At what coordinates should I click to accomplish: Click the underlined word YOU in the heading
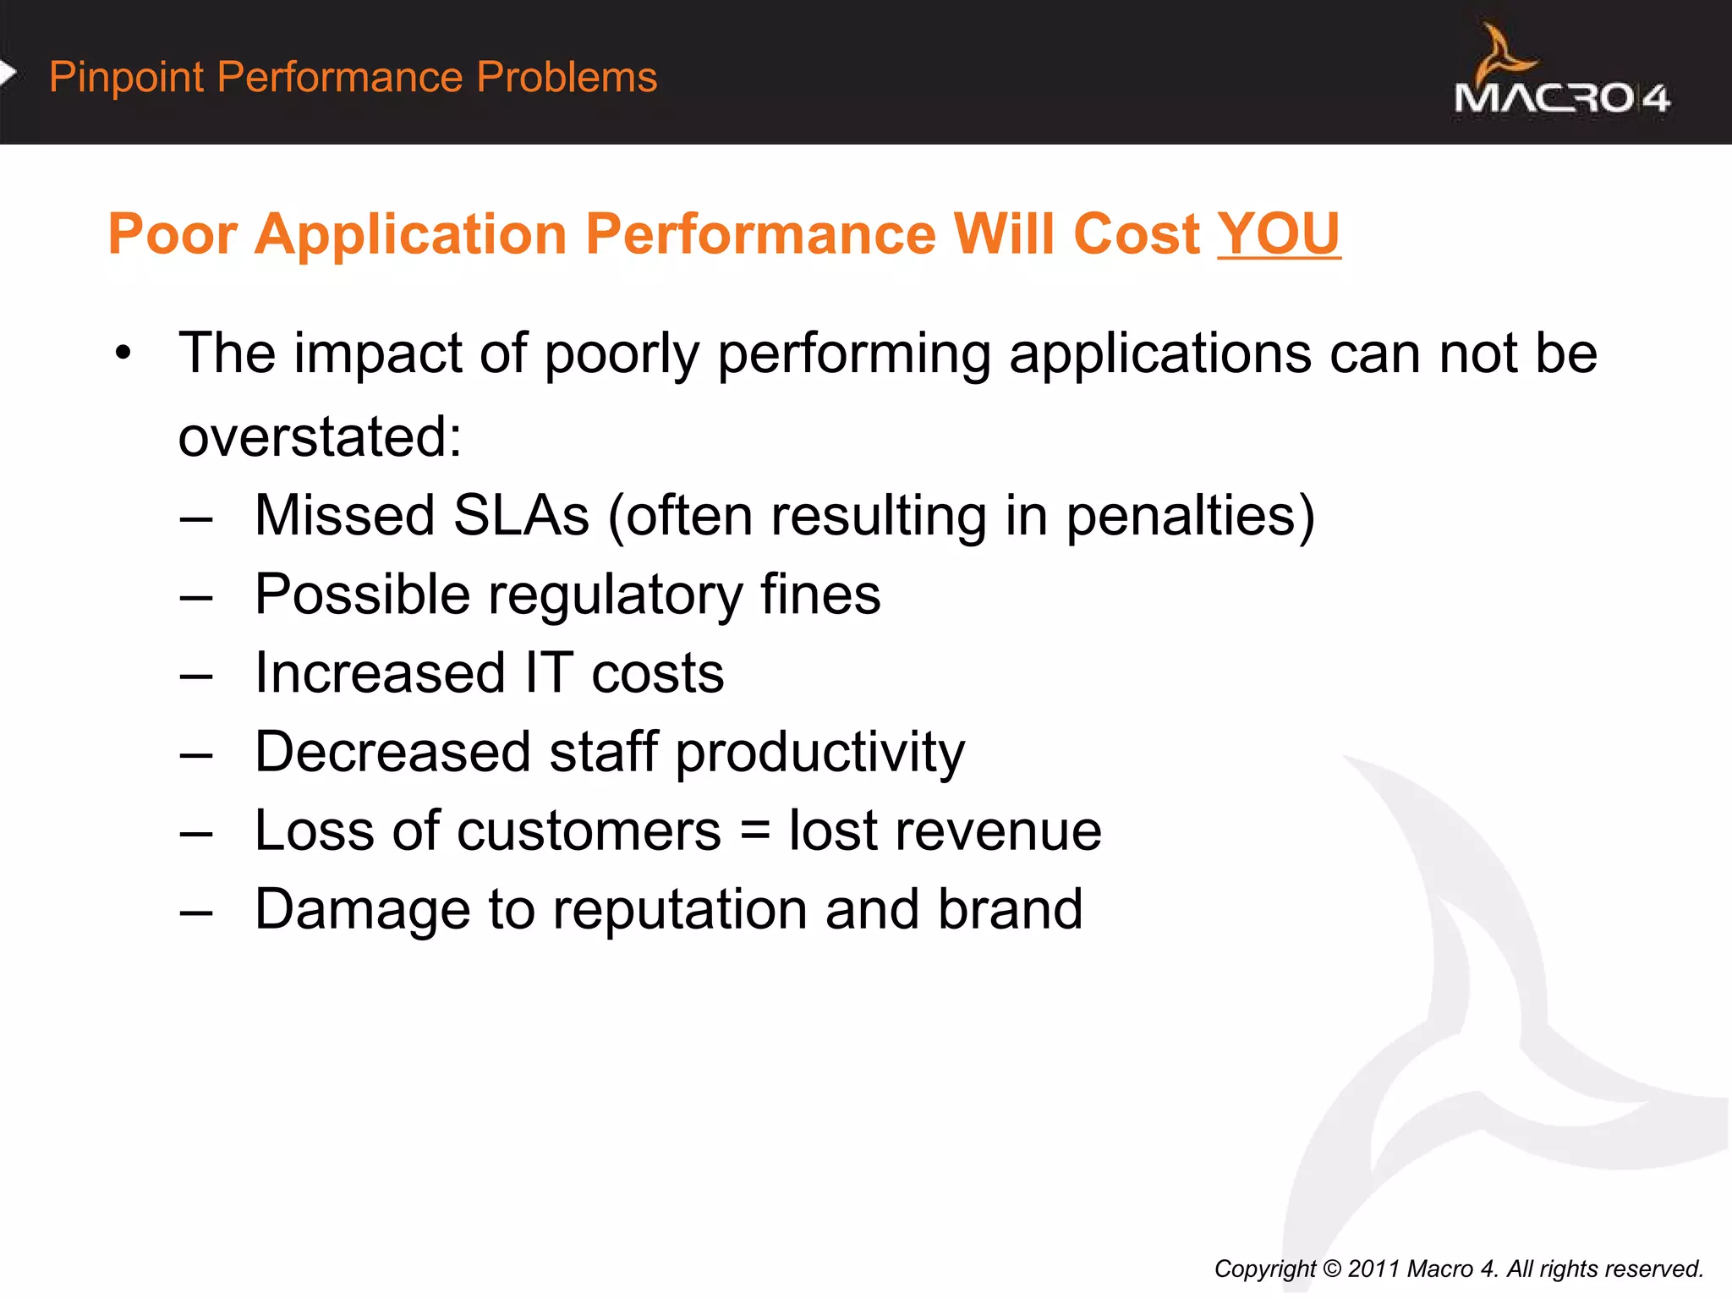(1279, 234)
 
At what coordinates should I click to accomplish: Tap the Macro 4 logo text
(1561, 99)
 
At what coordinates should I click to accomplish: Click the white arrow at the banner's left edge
(8, 74)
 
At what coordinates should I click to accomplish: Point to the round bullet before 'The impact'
(124, 354)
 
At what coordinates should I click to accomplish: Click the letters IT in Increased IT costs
(548, 673)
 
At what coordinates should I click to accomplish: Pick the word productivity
(819, 753)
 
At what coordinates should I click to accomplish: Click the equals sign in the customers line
(754, 831)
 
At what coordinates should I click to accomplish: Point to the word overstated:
(321, 437)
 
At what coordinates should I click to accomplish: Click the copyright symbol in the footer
(1332, 1269)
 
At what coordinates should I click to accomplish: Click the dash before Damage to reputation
(196, 913)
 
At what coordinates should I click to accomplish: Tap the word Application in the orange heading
(410, 234)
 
